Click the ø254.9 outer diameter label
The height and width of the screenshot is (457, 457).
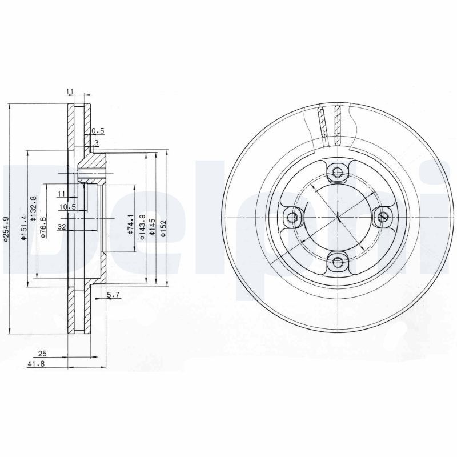6,228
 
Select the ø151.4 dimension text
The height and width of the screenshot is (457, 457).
23,228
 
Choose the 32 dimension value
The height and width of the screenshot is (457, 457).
62,227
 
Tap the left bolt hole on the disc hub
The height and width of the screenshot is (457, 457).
294,217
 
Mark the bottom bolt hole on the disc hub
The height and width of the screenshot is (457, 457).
338,262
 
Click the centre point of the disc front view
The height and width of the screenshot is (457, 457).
338,217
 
